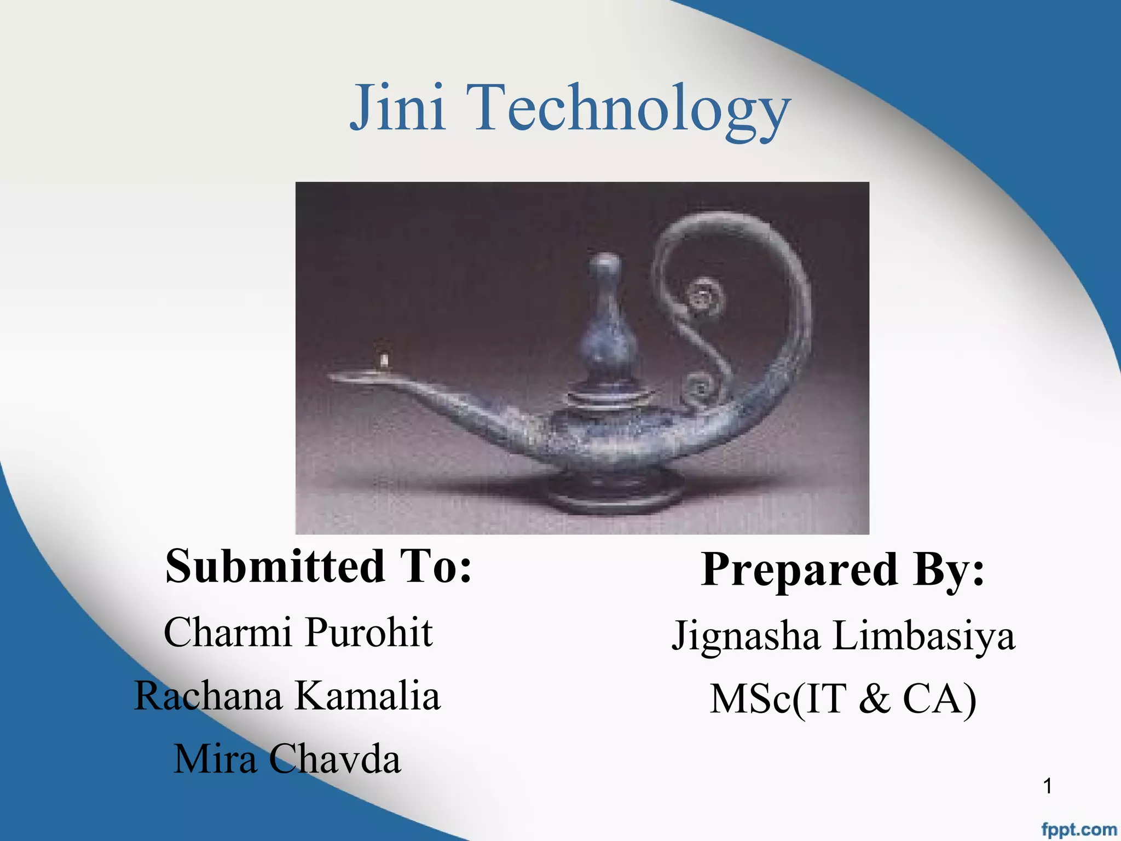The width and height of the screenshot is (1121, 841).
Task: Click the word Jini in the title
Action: click(x=397, y=107)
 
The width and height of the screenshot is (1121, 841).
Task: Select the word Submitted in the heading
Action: click(x=275, y=566)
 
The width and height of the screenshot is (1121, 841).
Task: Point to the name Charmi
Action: click(x=227, y=632)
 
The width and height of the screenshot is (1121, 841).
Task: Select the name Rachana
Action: click(x=208, y=696)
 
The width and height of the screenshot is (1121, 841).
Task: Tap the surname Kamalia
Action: click(x=367, y=696)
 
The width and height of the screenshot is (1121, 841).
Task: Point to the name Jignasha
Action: click(x=746, y=637)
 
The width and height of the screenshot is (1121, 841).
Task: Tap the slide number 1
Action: click(x=1048, y=786)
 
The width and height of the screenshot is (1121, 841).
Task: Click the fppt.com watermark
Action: click(x=1078, y=830)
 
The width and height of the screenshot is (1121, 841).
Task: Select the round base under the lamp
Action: click(x=616, y=496)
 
